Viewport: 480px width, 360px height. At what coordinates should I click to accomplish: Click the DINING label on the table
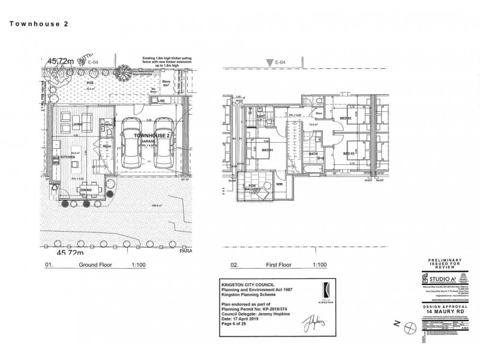(x=86, y=191)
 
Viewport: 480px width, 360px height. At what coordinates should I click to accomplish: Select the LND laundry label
(x=161, y=101)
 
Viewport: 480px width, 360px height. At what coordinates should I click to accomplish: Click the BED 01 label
(x=268, y=150)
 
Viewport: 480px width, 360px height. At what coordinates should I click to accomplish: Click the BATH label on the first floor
(x=313, y=154)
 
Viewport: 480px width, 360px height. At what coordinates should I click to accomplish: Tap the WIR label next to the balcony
(x=280, y=185)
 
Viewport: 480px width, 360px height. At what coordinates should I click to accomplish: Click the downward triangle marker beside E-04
(x=269, y=62)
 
